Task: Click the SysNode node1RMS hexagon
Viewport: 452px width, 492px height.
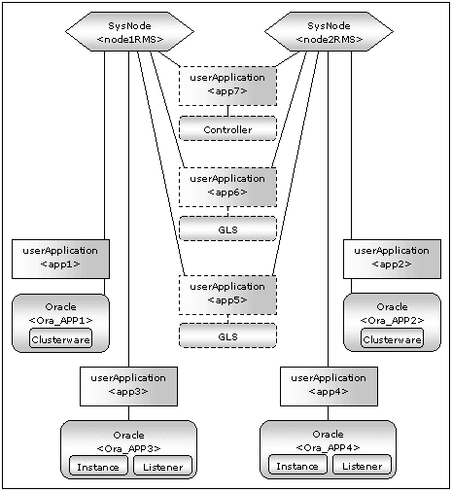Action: point(129,32)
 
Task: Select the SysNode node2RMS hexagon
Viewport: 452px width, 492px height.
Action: point(329,32)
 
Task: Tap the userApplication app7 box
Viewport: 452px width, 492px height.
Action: point(227,86)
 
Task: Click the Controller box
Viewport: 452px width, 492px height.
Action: point(227,128)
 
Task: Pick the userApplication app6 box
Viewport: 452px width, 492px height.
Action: point(227,187)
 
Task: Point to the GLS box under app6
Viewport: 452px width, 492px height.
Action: point(227,228)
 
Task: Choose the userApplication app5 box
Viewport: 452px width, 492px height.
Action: point(227,295)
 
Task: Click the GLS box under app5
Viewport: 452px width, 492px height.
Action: point(227,335)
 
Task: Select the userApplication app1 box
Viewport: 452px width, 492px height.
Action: point(60,259)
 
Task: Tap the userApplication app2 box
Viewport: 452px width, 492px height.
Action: point(392,259)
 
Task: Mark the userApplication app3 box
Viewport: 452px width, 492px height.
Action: point(128,386)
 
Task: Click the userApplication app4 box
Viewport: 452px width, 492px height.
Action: point(329,386)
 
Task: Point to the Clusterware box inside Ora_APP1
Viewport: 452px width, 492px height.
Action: point(60,338)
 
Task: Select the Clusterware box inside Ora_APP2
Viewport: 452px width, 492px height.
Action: point(392,338)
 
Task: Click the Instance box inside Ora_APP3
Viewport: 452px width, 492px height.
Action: point(98,466)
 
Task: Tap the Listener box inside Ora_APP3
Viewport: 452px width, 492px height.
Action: point(162,466)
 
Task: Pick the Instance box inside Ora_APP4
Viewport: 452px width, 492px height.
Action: point(297,465)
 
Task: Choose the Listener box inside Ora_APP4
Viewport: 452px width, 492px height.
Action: point(363,465)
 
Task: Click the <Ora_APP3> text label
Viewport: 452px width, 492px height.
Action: point(128,448)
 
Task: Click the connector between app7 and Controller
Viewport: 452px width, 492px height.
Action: point(227,111)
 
